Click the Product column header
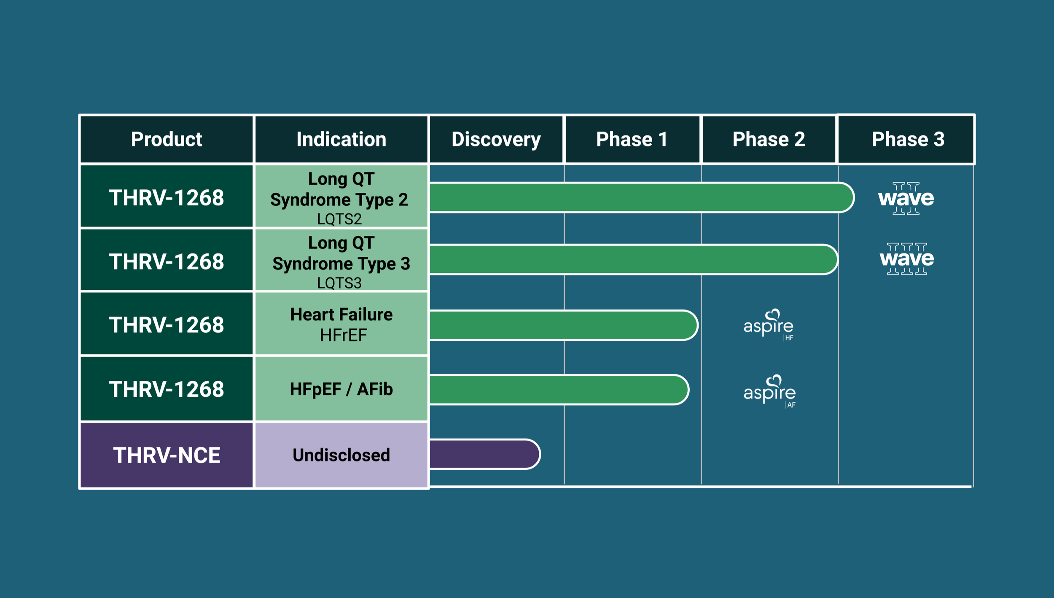pos(167,139)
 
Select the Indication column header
pos(341,139)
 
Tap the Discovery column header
pos(496,139)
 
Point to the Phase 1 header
pos(632,139)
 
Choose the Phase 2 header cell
pos(769,139)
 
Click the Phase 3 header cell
pos(908,139)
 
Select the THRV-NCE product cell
pos(167,455)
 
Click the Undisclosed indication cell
pos(341,455)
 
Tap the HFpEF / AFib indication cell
pos(341,389)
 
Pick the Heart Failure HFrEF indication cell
pos(341,324)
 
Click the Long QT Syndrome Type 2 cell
pos(341,197)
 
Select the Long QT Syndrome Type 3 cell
pos(341,261)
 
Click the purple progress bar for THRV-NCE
pos(484,454)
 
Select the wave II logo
pos(906,198)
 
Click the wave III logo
pos(907,259)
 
